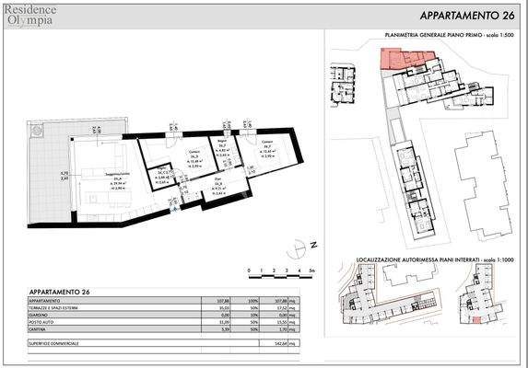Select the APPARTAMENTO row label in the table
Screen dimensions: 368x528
click(46, 301)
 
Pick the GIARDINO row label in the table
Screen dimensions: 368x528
click(41, 315)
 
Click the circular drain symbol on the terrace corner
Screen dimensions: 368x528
click(36, 132)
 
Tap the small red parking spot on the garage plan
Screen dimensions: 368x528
click(476, 319)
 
